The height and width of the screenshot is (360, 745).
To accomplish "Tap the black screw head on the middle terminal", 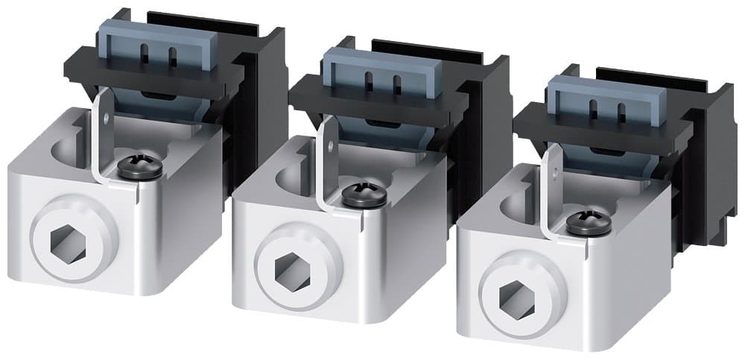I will coord(364,196).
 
